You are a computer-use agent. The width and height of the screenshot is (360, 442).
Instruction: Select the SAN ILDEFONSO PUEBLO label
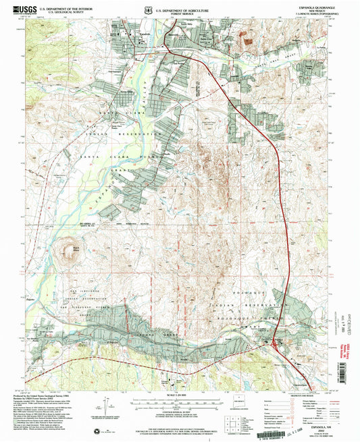(x=81, y=306)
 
